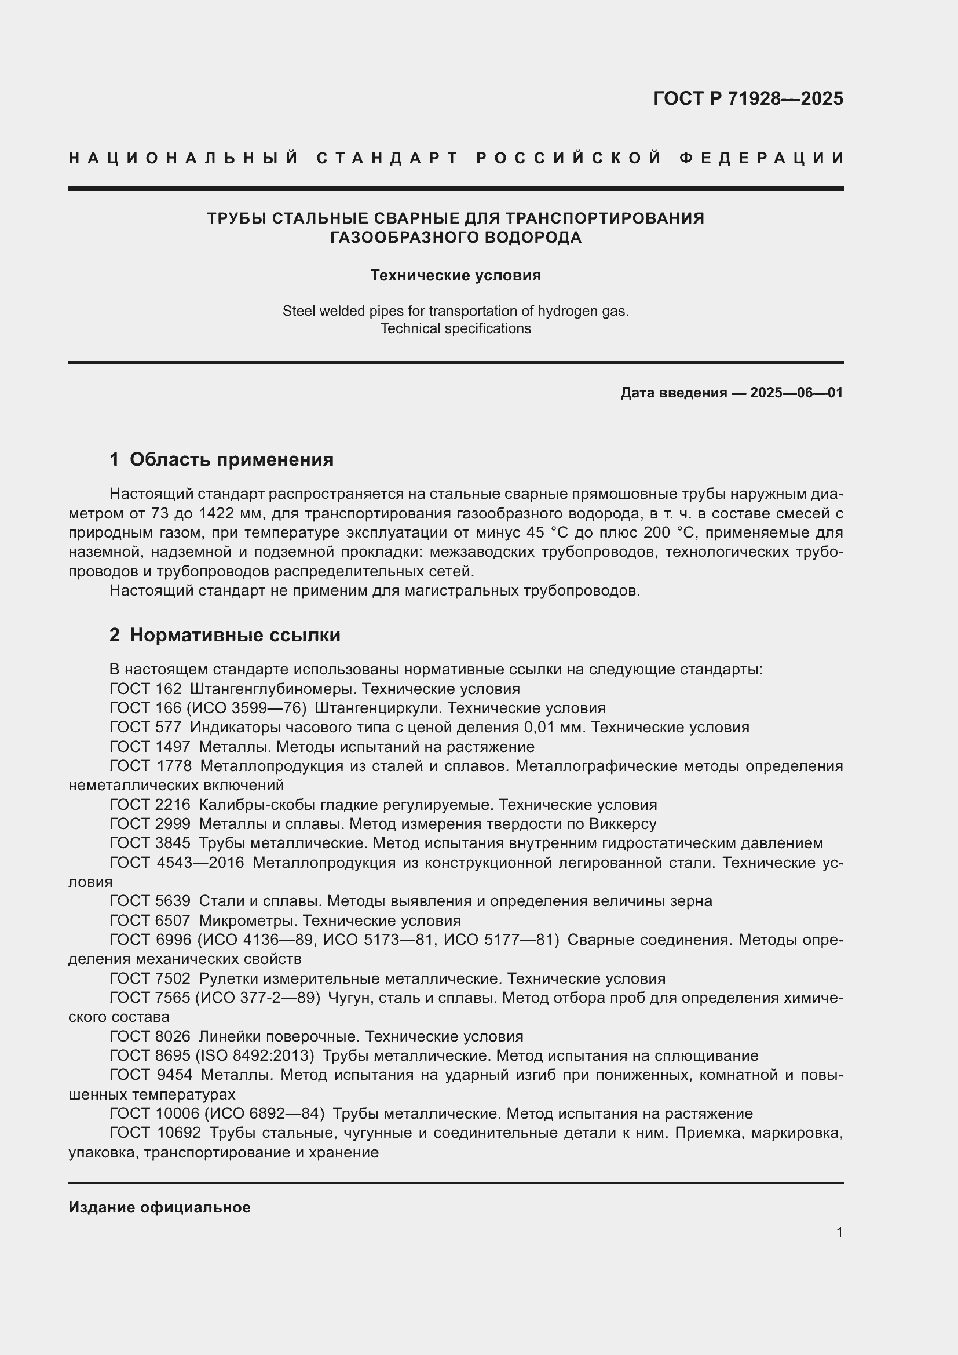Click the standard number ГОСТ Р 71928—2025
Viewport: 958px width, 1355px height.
coord(747,98)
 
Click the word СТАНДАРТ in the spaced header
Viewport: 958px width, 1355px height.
coord(387,158)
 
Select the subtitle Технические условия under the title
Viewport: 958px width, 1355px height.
coord(455,276)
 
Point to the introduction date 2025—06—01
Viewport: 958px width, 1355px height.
coord(796,393)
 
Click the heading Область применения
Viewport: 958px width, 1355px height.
coord(231,460)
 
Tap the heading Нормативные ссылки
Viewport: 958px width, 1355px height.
coord(235,636)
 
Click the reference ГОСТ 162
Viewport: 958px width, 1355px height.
coord(145,689)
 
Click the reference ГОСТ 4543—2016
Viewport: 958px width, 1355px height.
coord(177,863)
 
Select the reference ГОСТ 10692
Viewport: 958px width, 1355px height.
coord(155,1133)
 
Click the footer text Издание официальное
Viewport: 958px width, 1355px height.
coord(159,1207)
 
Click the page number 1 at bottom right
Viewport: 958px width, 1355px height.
coord(839,1232)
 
